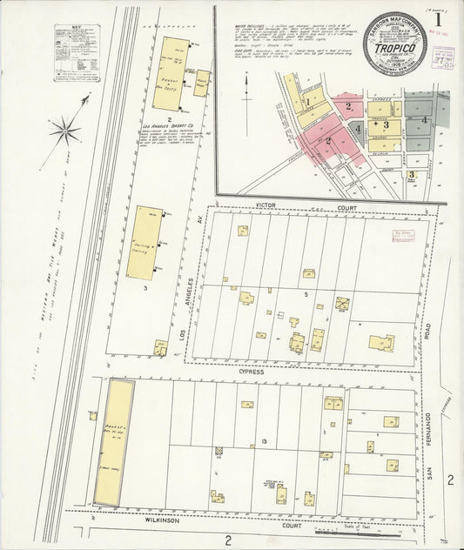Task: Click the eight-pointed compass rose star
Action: [x=64, y=132]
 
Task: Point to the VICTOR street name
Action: [x=266, y=207]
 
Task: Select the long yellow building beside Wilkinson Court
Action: [x=114, y=442]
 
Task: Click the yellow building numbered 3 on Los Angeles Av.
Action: [x=144, y=243]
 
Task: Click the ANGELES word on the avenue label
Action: [x=182, y=292]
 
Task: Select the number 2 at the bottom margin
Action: [x=228, y=540]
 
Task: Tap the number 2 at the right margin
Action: [x=450, y=480]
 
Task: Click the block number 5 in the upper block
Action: [x=306, y=295]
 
